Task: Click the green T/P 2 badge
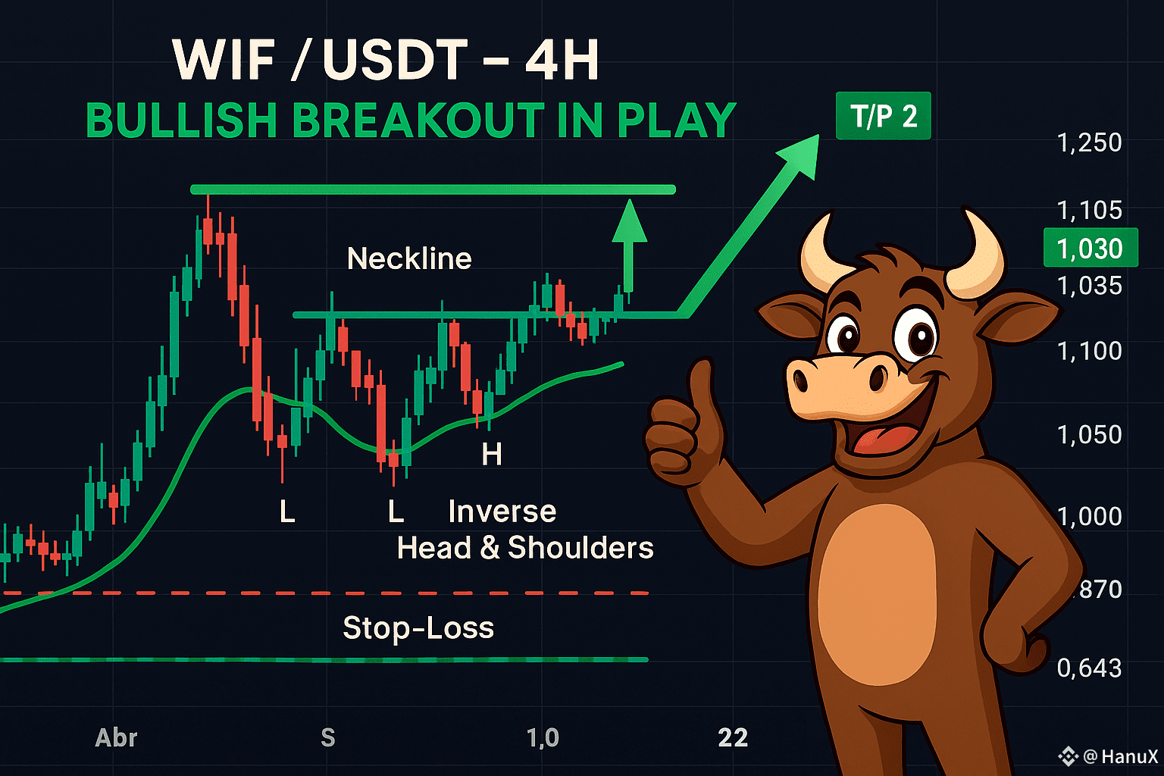coord(883,117)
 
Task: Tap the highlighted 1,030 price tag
coord(1090,248)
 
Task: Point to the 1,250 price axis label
coord(1089,142)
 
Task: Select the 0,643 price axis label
coord(1089,668)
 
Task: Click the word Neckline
coord(409,259)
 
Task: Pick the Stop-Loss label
coord(418,627)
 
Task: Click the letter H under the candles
coord(492,455)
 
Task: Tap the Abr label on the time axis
coord(116,737)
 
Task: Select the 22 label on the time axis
coord(733,737)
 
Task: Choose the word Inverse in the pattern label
coord(502,512)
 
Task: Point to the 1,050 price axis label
coord(1089,434)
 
